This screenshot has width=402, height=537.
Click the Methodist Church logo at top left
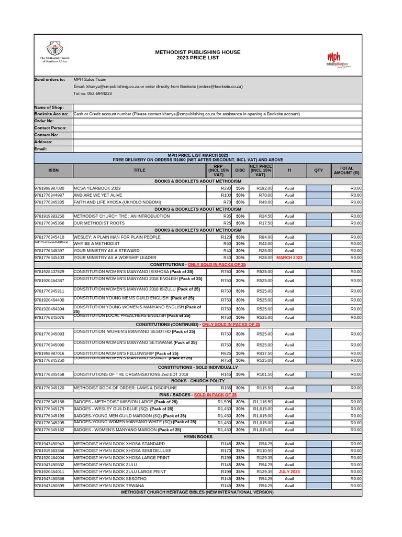point(55,51)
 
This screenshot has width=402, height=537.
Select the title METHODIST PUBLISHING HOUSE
point(198,52)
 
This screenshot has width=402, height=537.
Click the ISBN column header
point(53,170)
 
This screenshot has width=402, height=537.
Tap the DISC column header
point(240,170)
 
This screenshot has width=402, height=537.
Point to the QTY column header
point(318,170)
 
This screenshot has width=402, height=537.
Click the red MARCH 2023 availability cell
point(289,257)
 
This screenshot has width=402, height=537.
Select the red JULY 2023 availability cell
point(289,471)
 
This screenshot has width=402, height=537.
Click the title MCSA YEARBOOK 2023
point(97,188)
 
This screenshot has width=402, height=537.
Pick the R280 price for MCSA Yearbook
point(226,188)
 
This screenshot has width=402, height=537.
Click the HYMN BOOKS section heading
point(198,436)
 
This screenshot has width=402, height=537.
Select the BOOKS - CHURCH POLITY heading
point(198,381)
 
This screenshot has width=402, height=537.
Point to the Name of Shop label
point(49,107)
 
